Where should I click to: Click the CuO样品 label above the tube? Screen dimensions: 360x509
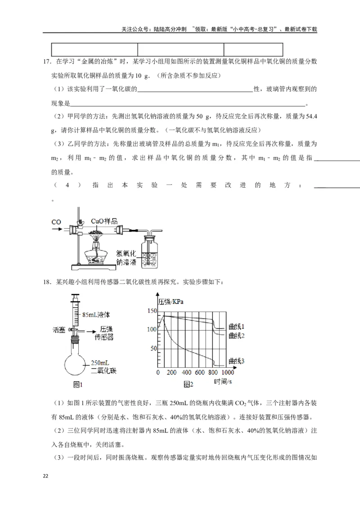[x=104, y=221]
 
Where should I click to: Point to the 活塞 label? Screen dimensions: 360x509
[x=59, y=330]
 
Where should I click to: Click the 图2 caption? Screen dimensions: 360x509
[x=188, y=385]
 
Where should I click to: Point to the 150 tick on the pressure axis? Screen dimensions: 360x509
[x=152, y=311]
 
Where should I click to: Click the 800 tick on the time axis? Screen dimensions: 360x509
[x=213, y=373]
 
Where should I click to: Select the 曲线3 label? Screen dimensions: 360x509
[x=236, y=361]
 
